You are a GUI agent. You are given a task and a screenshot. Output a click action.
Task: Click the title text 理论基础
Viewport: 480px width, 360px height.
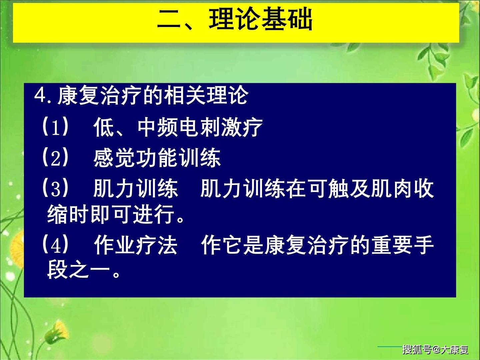pos(261,20)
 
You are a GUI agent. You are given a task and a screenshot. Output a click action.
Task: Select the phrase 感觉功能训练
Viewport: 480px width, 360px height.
pos(157,158)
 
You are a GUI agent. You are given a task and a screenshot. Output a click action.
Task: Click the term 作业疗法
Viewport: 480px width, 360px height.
pos(135,245)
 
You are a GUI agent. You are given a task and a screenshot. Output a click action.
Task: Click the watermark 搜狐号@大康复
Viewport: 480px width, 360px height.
pos(435,349)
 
